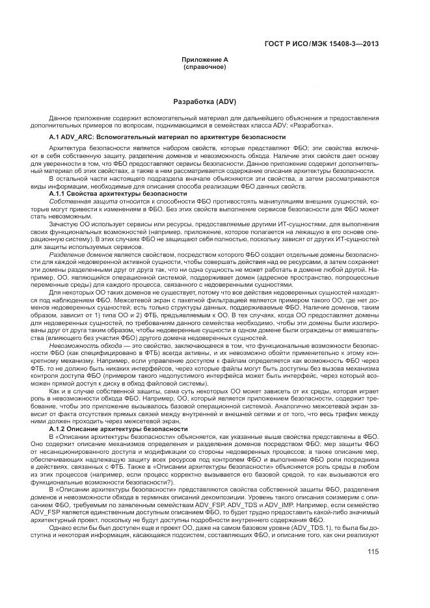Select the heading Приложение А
[x=205, y=60]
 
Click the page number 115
[x=373, y=553]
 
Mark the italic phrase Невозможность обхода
[x=80, y=329]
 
